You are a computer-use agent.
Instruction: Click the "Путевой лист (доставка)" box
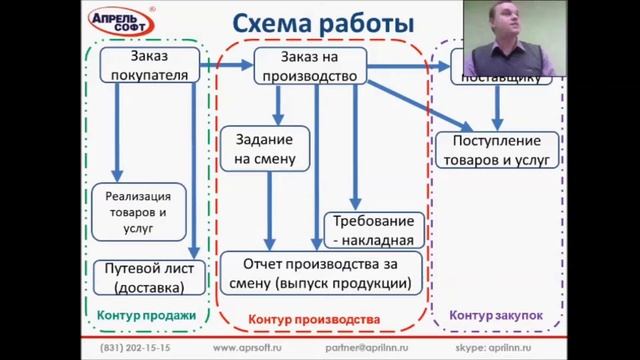pyautogui.click(x=147, y=278)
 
